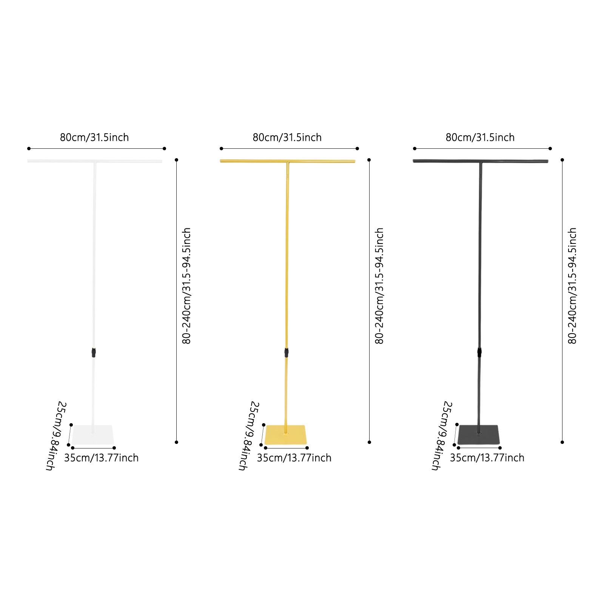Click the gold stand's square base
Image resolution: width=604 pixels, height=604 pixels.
286,435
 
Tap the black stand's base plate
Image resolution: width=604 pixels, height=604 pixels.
479,435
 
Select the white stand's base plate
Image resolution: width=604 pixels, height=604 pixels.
93,435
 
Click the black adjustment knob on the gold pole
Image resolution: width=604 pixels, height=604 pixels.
287,353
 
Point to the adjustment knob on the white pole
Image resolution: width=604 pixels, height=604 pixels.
94,353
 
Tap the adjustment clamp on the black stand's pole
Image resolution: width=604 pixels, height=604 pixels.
479,353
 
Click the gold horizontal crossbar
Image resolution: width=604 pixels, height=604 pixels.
288,161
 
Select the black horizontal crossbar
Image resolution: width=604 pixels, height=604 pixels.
481,161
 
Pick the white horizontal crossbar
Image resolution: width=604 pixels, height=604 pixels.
95,161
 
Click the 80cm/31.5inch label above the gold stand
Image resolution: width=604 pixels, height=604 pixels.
287,137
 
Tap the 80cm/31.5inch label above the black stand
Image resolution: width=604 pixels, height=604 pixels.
480,137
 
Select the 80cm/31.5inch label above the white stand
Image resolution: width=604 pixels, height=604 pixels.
94,137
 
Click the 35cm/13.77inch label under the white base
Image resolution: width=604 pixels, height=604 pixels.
101,458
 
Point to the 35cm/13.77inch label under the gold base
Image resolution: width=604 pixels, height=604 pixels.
294,458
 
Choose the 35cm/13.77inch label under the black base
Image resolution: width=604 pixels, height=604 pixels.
487,458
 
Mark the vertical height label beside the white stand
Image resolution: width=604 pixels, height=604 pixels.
186,286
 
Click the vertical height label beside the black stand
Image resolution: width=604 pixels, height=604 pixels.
572,286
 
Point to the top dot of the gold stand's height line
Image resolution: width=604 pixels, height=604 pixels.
369,160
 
